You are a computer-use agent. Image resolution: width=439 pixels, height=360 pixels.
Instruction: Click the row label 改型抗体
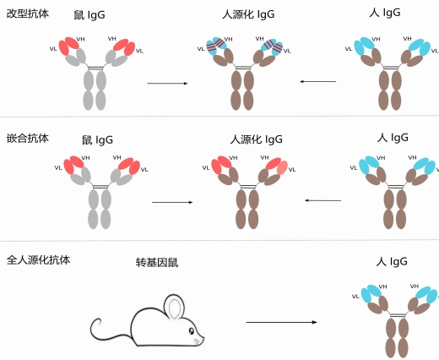(26, 14)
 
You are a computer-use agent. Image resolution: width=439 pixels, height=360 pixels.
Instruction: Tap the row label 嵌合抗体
(26, 136)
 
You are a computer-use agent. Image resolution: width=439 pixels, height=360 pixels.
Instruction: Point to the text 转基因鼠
(157, 263)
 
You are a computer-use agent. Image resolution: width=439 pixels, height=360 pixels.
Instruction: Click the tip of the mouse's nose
(203, 341)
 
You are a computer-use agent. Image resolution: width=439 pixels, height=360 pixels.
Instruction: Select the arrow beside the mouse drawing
(281, 322)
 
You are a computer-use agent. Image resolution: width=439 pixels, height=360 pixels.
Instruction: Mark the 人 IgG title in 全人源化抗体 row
(393, 262)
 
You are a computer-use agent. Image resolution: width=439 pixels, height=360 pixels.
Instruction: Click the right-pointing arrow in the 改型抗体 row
(167, 83)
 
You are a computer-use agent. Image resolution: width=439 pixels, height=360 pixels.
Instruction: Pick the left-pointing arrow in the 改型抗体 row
(317, 81)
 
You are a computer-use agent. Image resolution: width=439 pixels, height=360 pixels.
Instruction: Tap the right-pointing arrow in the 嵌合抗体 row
(172, 203)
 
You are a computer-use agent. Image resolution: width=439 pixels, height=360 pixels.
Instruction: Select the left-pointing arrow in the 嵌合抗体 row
(322, 200)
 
